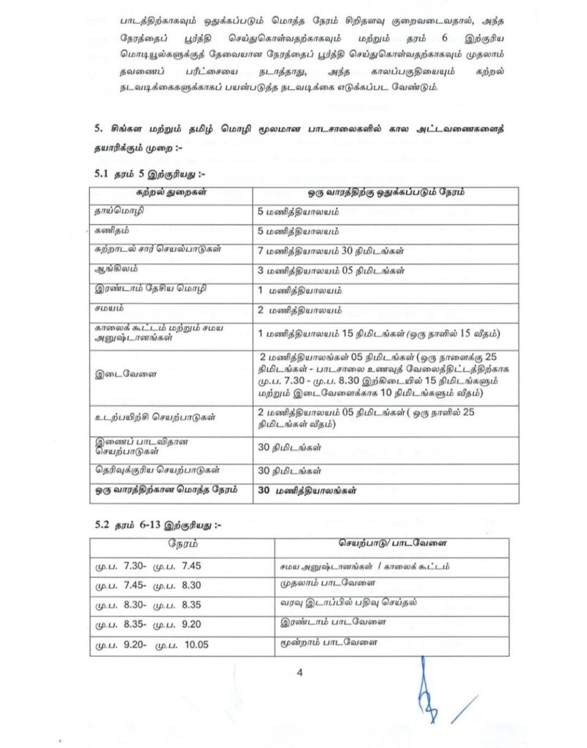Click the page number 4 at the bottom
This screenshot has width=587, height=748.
pyautogui.click(x=299, y=672)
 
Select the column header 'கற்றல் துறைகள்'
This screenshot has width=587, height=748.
pyautogui.click(x=171, y=193)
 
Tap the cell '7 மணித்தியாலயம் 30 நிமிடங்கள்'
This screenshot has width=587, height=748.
pyautogui.click(x=321, y=251)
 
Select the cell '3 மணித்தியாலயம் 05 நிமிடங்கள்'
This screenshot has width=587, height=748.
pyautogui.click(x=321, y=270)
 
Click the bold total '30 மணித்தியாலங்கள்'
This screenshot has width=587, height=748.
pyautogui.click(x=307, y=491)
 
